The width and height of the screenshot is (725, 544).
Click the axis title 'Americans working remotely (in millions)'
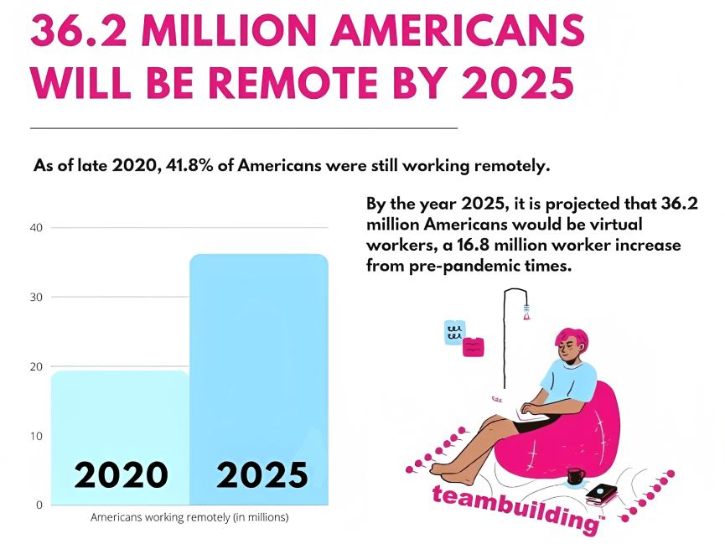pos(189,518)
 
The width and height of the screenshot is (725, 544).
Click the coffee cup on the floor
pos(576,477)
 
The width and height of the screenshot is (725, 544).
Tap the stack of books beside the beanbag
pos(602,494)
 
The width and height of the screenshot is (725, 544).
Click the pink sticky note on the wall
pos(474,345)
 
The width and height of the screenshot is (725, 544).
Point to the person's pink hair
pos(573,337)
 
